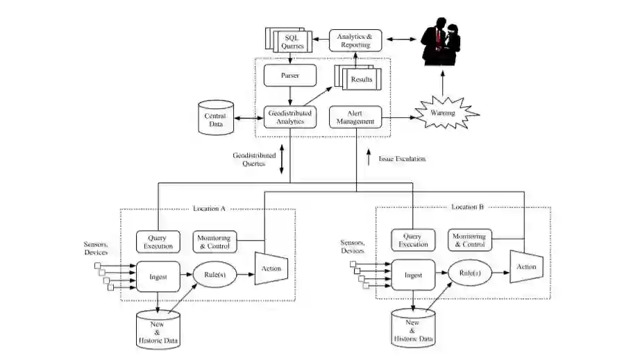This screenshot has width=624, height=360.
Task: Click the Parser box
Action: point(289,75)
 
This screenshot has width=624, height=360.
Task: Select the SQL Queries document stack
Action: point(289,40)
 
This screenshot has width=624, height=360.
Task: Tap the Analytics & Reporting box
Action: point(355,40)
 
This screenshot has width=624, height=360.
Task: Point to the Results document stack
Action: point(357,77)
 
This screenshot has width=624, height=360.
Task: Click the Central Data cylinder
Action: point(216,117)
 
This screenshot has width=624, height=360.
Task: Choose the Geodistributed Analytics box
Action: point(289,117)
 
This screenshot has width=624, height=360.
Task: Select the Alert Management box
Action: point(355,117)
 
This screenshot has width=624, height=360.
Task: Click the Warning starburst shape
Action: point(445,113)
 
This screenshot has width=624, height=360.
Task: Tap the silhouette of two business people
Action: point(441,42)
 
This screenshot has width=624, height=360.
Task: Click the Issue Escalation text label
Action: point(402,159)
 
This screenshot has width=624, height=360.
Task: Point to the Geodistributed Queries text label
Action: point(254,159)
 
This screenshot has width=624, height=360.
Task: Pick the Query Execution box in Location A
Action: point(158,242)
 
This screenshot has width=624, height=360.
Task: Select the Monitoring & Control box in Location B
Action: point(470,240)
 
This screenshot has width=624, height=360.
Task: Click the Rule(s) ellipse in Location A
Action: point(215,275)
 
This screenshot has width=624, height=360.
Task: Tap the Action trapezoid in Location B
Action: point(527,266)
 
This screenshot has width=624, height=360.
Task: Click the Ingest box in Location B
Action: point(413,275)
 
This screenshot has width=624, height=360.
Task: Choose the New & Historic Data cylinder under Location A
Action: point(158,329)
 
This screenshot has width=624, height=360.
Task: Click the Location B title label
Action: point(468,207)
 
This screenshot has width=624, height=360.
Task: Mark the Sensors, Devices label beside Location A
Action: point(96,248)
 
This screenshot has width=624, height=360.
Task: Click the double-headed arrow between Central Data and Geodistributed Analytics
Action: point(248,118)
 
